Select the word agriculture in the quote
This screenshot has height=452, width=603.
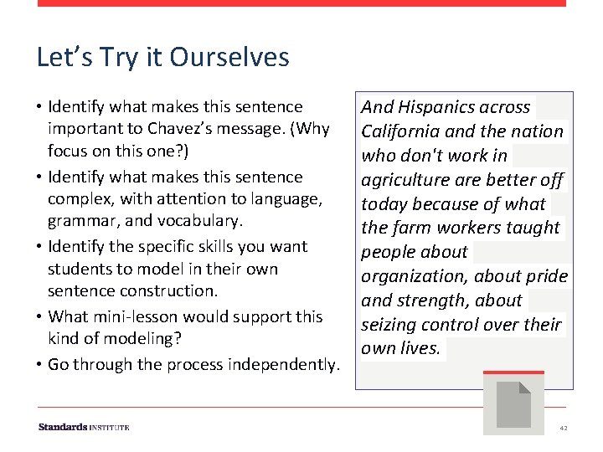pyautogui.click(x=405, y=180)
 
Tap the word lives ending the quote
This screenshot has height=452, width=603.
pyautogui.click(x=424, y=348)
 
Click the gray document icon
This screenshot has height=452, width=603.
pyautogui.click(x=513, y=405)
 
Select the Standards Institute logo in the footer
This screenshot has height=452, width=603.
pyautogui.click(x=84, y=427)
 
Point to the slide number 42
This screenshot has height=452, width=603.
pyautogui.click(x=564, y=428)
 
